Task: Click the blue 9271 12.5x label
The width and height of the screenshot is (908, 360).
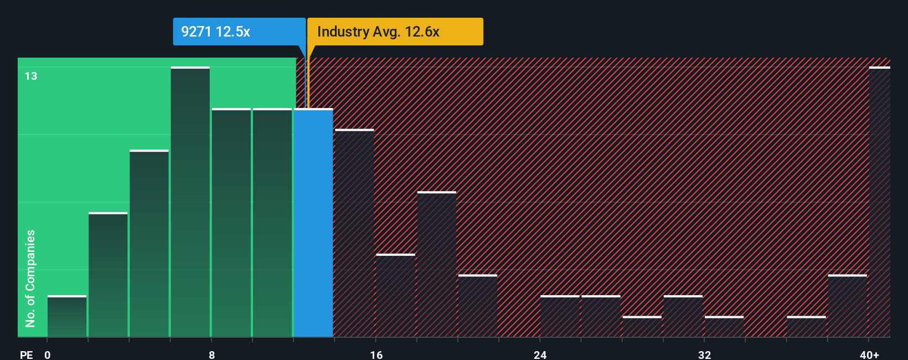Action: coord(239,32)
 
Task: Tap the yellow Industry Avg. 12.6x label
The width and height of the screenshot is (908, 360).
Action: coord(395,32)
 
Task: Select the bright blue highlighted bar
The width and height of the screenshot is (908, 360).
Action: coord(313,223)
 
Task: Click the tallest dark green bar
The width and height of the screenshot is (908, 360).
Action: coord(190,202)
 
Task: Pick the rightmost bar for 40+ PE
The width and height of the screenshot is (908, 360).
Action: coord(879,202)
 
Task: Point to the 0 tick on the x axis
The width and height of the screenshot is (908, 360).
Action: coord(48,354)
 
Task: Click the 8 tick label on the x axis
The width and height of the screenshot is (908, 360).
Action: coord(212,354)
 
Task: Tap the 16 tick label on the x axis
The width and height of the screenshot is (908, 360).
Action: coord(376,354)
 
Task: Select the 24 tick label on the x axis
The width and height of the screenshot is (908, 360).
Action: coord(540,354)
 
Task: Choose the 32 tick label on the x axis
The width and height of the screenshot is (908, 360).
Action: coord(704,354)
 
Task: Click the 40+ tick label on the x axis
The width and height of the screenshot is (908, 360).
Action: coord(869,354)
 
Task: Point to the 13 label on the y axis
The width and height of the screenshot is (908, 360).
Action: coord(31,76)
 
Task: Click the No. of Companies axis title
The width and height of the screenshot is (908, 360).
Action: coord(30,279)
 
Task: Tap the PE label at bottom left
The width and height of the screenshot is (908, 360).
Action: coord(26,354)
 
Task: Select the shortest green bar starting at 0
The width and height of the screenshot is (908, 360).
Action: coord(67,317)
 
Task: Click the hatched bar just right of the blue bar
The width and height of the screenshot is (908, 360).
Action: coord(354,233)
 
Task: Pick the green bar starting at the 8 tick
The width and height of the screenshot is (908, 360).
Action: coord(231,223)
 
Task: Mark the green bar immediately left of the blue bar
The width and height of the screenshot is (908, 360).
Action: coord(272,223)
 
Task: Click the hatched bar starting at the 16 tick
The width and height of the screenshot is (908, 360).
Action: coord(395,296)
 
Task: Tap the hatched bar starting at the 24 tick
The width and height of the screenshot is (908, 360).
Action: coord(560,317)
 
